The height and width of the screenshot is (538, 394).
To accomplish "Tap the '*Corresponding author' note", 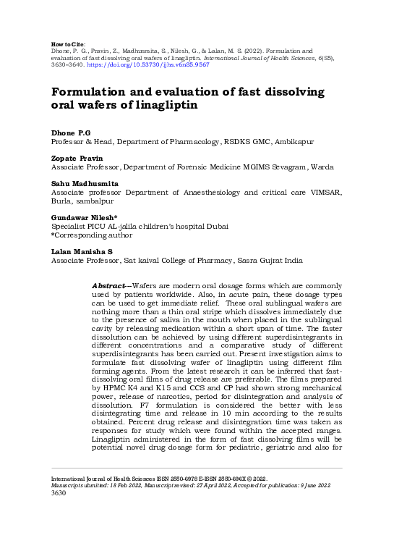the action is click(x=92, y=235).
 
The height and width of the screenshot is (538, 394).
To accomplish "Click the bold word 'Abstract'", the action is click(x=109, y=287).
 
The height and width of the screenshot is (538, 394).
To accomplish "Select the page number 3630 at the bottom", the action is click(x=58, y=494).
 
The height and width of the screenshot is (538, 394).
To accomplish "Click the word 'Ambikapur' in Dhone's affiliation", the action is click(x=294, y=143).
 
